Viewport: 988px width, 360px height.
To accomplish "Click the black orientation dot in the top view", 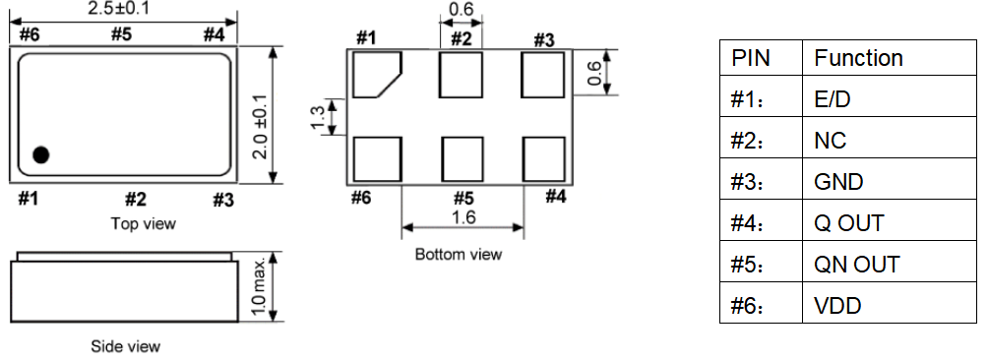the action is pyautogui.click(x=40, y=154).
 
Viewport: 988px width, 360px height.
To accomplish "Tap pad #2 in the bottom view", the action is pyautogui.click(x=461, y=75).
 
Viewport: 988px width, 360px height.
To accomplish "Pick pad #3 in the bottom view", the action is pyautogui.click(x=542, y=75).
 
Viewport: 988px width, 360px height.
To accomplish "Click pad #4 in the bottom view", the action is pyautogui.click(x=544, y=159).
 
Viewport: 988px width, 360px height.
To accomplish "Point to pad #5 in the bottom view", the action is pyautogui.click(x=463, y=159).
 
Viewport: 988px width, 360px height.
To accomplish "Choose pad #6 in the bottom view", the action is pyautogui.click(x=377, y=159).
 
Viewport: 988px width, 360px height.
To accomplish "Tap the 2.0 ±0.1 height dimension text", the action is pyautogui.click(x=260, y=127).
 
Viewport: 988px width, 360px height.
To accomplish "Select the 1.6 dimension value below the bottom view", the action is pyautogui.click(x=463, y=217).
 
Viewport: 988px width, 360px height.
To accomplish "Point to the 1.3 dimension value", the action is pyautogui.click(x=317, y=118).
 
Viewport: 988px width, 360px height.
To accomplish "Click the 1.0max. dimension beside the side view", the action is pyautogui.click(x=260, y=286).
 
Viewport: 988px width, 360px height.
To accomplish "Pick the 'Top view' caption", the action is pyautogui.click(x=144, y=223).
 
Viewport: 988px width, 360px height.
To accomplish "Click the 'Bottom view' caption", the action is pyautogui.click(x=459, y=255).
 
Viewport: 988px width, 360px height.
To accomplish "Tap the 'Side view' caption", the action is pyautogui.click(x=126, y=346).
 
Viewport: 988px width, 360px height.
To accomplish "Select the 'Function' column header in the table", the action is pyautogui.click(x=858, y=58).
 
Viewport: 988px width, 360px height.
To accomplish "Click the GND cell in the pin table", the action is pyautogui.click(x=838, y=182).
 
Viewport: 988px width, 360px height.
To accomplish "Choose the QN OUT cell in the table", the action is pyautogui.click(x=856, y=265).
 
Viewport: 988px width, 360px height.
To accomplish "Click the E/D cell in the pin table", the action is pyautogui.click(x=833, y=99).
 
